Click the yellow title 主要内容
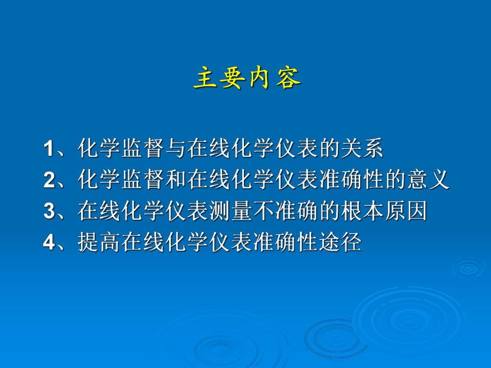tap(247, 79)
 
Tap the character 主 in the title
tap(203, 79)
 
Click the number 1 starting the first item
tap(49, 149)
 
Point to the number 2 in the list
tap(49, 180)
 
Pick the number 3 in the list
tap(49, 212)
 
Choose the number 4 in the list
tap(49, 243)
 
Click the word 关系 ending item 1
tap(361, 149)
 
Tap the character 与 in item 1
tap(175, 149)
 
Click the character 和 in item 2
tap(175, 180)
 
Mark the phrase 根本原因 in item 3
tap(384, 212)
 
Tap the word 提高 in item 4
tap(99, 243)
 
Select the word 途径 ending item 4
tap(340, 243)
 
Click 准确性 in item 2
tap(351, 180)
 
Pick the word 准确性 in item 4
tap(285, 243)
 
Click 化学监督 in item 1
tap(121, 149)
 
